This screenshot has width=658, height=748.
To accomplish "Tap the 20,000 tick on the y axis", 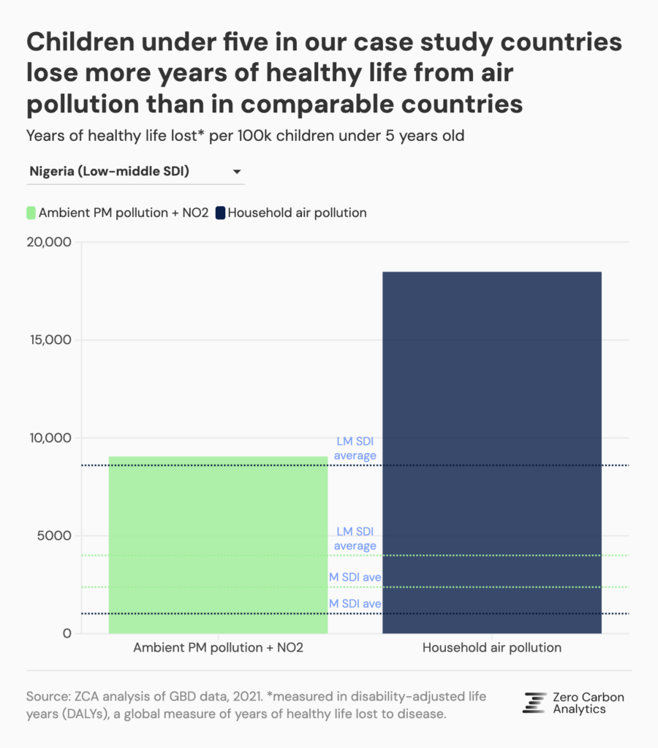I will point(48,243).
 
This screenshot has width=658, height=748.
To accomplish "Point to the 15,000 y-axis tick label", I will point(48,340).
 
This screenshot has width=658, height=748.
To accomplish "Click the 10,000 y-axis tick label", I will point(48,438).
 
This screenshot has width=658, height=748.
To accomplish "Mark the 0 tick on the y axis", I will point(66,633).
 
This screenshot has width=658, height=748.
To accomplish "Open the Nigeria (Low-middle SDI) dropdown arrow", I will point(237,172).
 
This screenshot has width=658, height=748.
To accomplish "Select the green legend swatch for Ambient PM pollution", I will point(31,213).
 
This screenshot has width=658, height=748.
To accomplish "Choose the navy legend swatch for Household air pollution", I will point(221,213).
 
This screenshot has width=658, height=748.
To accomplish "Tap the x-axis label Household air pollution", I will point(491,648).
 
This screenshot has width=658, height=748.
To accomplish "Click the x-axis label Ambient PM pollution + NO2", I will point(218,648).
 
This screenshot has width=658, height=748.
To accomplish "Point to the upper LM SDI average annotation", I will point(355,449).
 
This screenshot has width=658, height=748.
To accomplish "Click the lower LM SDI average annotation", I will point(355,539).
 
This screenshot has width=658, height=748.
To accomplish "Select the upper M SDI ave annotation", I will point(355,578).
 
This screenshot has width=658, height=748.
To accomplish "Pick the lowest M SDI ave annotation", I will point(355,604).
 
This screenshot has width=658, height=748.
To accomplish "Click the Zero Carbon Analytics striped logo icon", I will point(534,702).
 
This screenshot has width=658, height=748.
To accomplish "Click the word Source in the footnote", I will point(45,697).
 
